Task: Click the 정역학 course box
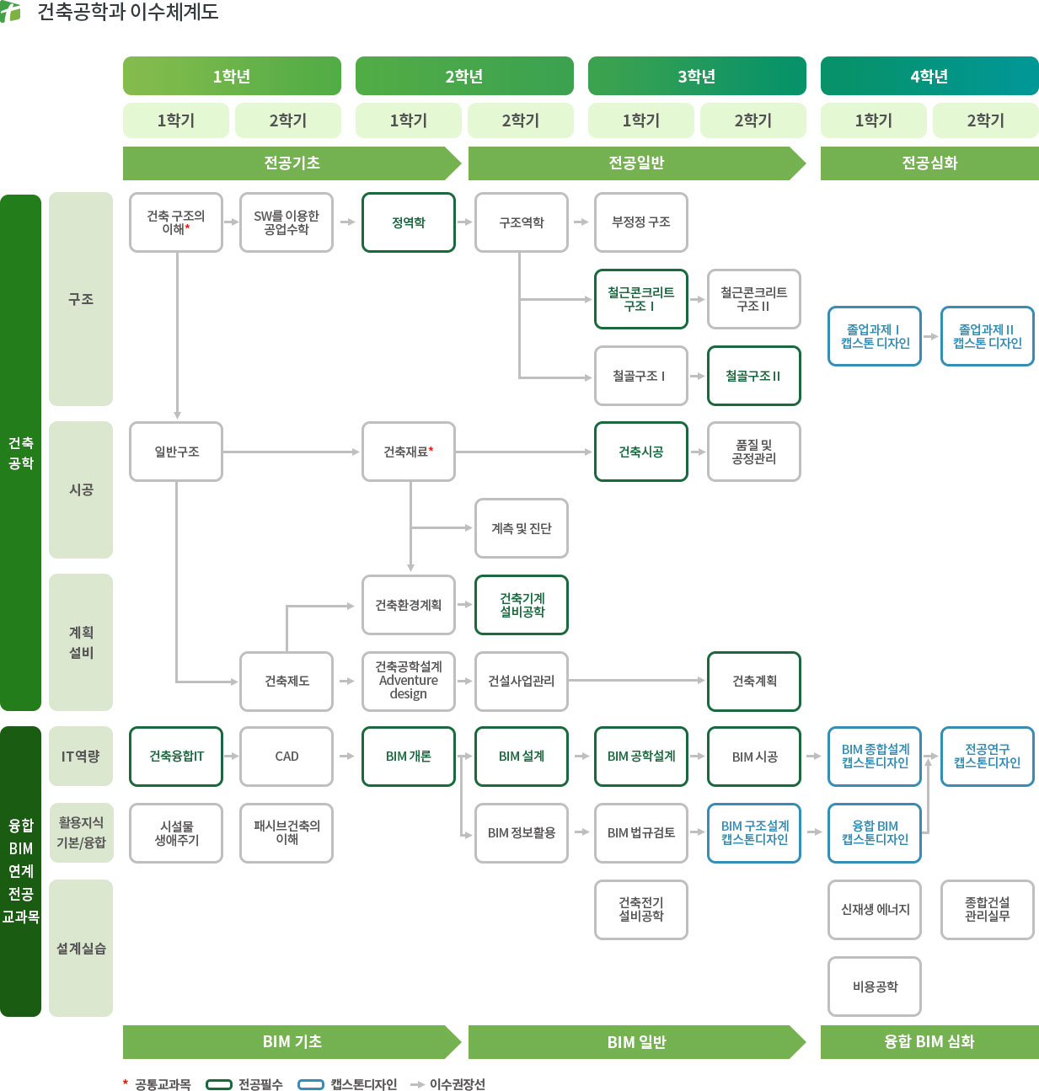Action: [x=409, y=222]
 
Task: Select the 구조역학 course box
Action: [x=522, y=222]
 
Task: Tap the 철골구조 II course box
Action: [x=753, y=376]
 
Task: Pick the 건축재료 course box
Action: [x=409, y=452]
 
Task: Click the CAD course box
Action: [x=287, y=757]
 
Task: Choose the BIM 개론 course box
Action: [x=409, y=757]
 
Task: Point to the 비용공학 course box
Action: [x=875, y=987]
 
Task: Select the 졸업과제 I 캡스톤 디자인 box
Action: [x=875, y=336]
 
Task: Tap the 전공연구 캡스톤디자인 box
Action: [x=987, y=757]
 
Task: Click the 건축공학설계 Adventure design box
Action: [x=409, y=681]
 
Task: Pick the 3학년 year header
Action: [x=697, y=77]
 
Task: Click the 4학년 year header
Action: [x=929, y=77]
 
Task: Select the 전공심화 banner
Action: [x=929, y=163]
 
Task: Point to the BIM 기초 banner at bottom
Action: [x=292, y=1042]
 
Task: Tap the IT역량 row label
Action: [x=81, y=757]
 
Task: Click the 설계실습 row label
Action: [x=81, y=949]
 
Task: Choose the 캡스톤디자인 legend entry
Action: [x=349, y=1084]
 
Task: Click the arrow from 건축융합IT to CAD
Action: [x=232, y=757]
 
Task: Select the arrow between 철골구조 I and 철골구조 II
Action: [x=698, y=376]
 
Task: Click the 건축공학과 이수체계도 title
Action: [x=127, y=12]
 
